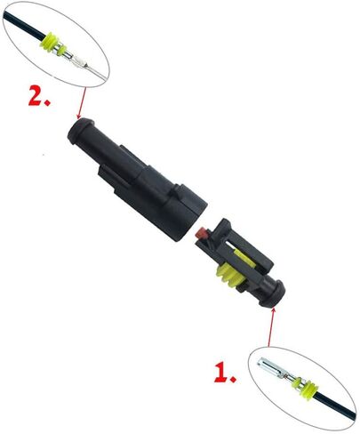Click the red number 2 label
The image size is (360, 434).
tap(39, 95)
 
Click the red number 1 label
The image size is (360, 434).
tap(225, 371)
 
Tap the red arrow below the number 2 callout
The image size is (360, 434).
tap(82, 103)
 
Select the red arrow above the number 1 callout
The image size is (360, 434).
tap(271, 327)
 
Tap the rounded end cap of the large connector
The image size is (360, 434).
tap(80, 131)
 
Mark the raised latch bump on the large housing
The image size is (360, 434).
tap(178, 191)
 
